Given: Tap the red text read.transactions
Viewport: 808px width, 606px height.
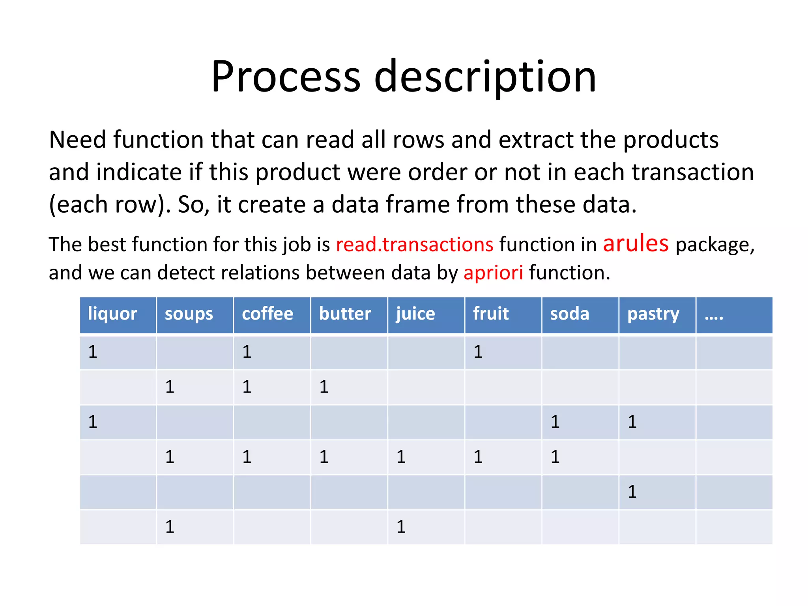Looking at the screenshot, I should [x=414, y=244].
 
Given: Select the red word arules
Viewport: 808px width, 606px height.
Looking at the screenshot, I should [x=636, y=243].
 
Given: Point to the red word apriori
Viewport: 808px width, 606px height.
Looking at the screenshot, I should [x=493, y=273].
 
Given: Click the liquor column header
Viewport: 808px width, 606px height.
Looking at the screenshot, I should [x=112, y=314].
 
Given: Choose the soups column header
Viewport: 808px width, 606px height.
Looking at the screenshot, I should [x=189, y=314].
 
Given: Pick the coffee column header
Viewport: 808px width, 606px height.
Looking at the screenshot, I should [x=267, y=314].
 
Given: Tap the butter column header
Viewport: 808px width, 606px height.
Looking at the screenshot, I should [x=345, y=314].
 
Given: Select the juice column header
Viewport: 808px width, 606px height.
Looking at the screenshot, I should [x=415, y=314].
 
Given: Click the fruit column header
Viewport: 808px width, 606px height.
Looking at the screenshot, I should [x=491, y=314].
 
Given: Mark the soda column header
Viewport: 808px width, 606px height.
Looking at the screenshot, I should [x=569, y=314].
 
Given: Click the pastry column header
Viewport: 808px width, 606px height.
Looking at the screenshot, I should [x=653, y=314].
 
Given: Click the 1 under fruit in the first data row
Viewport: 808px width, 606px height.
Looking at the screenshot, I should [x=478, y=352].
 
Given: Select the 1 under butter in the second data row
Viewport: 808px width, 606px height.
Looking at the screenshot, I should [x=324, y=387].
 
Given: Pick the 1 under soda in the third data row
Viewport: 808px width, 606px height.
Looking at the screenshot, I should [x=555, y=422].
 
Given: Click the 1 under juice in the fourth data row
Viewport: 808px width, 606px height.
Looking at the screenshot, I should [x=401, y=457].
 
